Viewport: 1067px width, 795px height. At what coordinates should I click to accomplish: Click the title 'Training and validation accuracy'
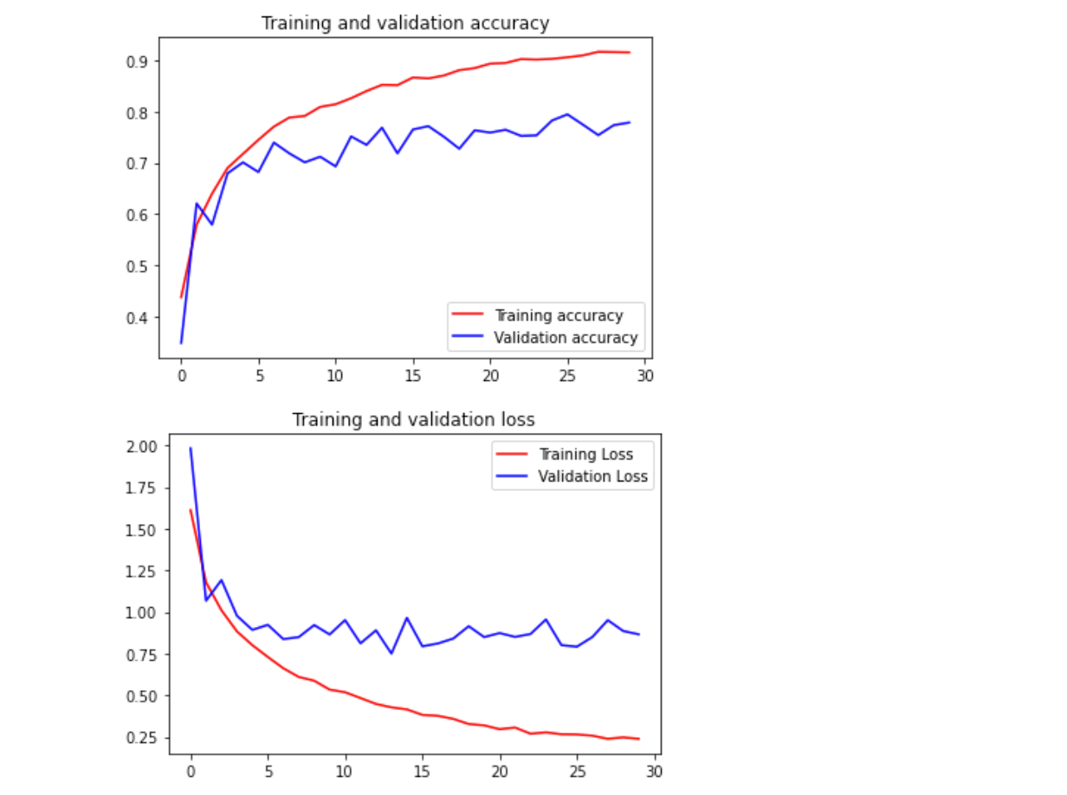coord(405,23)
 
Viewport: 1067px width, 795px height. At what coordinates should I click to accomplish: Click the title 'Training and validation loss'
coord(413,420)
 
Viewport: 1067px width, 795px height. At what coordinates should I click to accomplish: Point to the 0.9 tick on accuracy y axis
coord(136,61)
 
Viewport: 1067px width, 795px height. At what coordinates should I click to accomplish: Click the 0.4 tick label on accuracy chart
coord(136,318)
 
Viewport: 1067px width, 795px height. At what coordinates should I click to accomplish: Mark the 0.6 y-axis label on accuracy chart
coord(136,215)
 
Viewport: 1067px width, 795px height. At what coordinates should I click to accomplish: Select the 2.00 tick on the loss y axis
coord(141,447)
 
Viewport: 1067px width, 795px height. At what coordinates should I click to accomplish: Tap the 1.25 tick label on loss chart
coord(141,572)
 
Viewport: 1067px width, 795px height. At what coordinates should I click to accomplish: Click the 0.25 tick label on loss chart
coord(141,738)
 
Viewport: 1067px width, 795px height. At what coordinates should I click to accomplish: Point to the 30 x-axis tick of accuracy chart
coord(645,376)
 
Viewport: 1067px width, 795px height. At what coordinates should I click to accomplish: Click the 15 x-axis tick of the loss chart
coord(422,772)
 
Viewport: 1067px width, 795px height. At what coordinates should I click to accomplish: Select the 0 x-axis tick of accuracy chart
coord(182,376)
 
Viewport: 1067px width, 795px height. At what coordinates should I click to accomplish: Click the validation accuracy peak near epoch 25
coord(567,114)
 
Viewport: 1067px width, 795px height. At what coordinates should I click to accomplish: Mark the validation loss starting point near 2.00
coord(191,448)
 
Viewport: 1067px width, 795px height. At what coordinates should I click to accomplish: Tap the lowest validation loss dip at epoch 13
coord(391,654)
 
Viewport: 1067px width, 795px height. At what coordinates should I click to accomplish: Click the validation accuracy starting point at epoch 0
coord(181,343)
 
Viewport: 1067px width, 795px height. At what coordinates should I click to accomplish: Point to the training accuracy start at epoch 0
coord(181,297)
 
